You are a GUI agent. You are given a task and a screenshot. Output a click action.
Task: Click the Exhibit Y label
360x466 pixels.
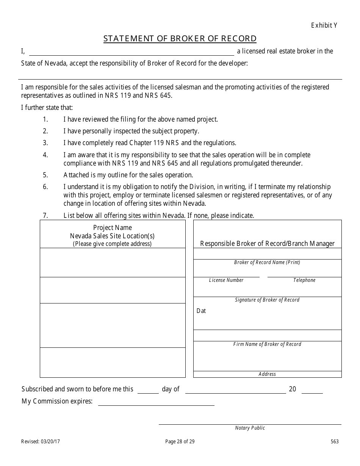coord(324,25)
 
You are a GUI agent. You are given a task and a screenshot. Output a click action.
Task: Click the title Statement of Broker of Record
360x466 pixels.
coord(180,39)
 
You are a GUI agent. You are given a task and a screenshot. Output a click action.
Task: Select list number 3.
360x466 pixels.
coord(45,143)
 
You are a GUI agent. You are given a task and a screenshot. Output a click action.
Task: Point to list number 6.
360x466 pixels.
coord(45,187)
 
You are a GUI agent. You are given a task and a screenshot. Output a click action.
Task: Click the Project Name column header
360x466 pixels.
coord(113,228)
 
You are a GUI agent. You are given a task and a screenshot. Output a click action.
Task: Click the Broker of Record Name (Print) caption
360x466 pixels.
coord(267,263)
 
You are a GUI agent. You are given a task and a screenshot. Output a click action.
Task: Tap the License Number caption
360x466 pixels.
coord(226,280)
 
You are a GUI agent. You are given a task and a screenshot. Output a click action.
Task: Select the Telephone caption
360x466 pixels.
coord(304,280)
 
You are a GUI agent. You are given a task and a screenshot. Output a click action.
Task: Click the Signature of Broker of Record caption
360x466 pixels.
coord(267,300)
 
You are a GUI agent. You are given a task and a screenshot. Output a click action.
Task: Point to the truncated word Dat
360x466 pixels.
coord(201,311)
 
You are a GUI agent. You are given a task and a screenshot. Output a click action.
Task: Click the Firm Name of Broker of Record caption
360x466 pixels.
coord(267,344)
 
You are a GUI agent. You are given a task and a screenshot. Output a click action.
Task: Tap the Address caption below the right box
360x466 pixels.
coord(267,374)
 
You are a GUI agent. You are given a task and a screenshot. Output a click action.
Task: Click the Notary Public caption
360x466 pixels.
coord(250,428)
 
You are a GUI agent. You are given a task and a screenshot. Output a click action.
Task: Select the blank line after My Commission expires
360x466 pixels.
coord(156,402)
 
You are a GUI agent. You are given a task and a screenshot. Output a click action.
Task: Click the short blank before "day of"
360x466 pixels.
coord(148,390)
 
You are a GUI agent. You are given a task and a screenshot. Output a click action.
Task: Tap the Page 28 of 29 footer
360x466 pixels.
coord(180,441)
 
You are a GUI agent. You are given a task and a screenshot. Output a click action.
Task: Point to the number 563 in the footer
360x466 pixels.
coord(335,441)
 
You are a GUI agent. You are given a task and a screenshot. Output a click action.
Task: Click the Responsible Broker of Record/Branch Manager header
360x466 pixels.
coord(267,244)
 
